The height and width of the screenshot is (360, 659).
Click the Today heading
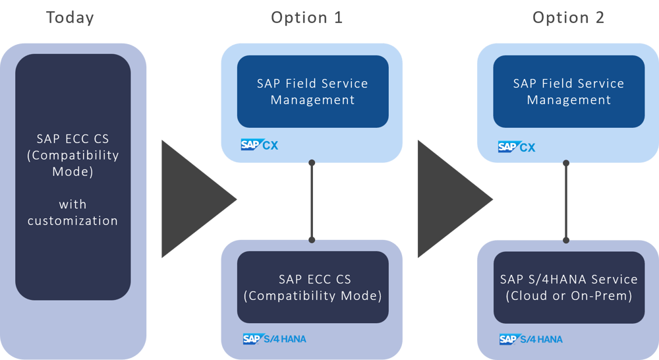69,18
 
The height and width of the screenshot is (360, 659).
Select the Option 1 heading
307,18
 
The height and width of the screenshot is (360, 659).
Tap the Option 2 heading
568,18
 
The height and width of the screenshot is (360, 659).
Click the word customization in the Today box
72,221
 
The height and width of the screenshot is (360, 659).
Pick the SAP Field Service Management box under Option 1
312,92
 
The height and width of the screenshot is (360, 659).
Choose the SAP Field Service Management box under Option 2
569,92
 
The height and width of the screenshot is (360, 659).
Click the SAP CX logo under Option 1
260,145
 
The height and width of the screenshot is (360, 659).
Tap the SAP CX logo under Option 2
517,147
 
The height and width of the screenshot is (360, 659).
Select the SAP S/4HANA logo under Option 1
274,339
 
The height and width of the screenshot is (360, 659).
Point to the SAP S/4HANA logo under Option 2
530,339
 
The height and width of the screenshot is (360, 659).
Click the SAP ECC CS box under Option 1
312,287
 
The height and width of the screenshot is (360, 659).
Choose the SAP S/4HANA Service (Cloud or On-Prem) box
569,287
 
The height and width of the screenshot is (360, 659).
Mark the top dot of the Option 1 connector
312,162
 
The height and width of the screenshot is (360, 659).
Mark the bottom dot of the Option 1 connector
312,240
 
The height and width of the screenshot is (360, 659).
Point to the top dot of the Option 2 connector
566,162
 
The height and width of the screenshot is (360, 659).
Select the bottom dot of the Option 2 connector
566,240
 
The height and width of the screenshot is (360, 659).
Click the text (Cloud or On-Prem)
569,296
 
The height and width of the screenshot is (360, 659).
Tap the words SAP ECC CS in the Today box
72,139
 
